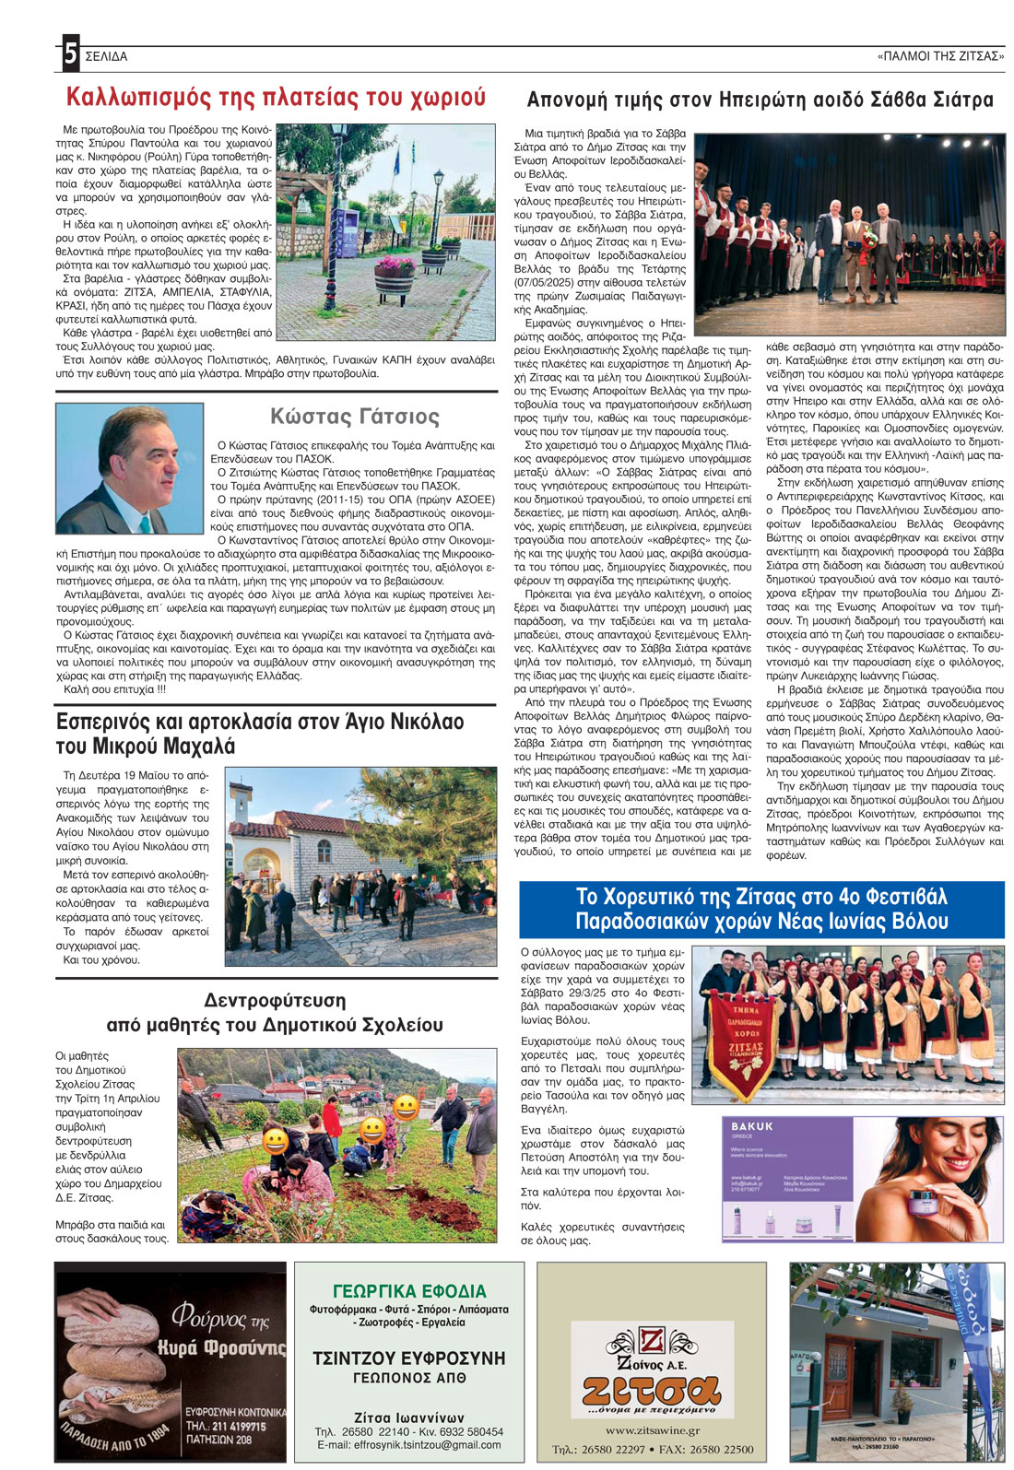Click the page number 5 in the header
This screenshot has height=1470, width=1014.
pyautogui.click(x=70, y=55)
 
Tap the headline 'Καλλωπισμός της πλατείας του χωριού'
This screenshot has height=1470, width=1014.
pyautogui.click(x=276, y=98)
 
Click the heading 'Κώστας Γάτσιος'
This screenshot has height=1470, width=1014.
pyautogui.click(x=355, y=417)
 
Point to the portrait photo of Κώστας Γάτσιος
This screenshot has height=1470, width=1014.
pyautogui.click(x=129, y=469)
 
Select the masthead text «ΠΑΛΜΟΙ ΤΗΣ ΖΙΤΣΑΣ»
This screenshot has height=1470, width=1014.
pyautogui.click(x=940, y=56)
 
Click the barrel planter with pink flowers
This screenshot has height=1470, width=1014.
pyautogui.click(x=397, y=277)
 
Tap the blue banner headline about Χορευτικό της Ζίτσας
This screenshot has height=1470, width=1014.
pyautogui.click(x=761, y=909)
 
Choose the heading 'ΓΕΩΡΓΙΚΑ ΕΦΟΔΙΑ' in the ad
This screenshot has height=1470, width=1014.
pyautogui.click(x=409, y=1291)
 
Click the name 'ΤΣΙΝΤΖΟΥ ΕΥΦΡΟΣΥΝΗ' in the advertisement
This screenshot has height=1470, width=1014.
pyautogui.click(x=409, y=1358)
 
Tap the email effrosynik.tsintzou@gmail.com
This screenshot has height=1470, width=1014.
pyautogui.click(x=409, y=1444)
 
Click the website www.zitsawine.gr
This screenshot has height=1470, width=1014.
pyautogui.click(x=652, y=1430)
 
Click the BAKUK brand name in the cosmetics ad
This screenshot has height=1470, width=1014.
pyautogui.click(x=752, y=1126)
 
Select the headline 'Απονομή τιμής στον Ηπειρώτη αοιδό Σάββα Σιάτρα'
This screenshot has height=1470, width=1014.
pyautogui.click(x=760, y=100)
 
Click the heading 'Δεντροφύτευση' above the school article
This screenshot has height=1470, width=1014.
pyautogui.click(x=275, y=1000)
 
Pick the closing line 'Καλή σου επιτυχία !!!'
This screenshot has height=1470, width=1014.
pyautogui.click(x=115, y=688)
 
